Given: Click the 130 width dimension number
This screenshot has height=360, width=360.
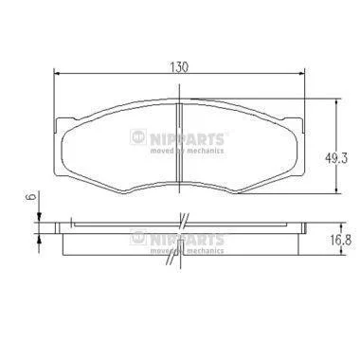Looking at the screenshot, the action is pyautogui.click(x=179, y=66).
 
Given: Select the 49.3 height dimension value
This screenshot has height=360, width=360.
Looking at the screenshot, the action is pyautogui.click(x=336, y=158).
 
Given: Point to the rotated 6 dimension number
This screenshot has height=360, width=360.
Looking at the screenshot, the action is pyautogui.click(x=31, y=197).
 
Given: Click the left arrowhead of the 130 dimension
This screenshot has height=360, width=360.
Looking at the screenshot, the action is pyautogui.click(x=57, y=74).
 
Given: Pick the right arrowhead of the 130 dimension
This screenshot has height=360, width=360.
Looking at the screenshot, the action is pyautogui.click(x=302, y=74).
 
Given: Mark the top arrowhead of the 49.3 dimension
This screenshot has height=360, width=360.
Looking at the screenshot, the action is pyautogui.click(x=338, y=101).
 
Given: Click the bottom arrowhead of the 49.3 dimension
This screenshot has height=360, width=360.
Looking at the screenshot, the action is pyautogui.click(x=338, y=190).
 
